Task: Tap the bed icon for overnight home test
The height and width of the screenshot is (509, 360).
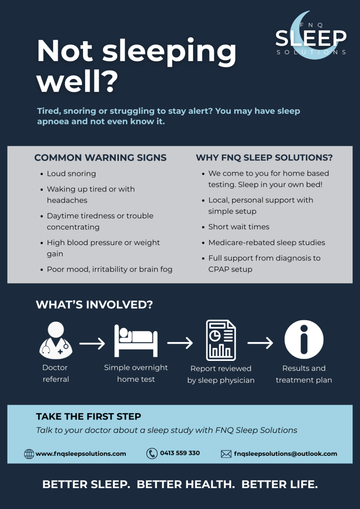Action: pos(136,340)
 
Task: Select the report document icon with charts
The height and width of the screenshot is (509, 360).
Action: pos(221,340)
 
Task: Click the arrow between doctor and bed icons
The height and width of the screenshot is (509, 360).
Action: pos(92,343)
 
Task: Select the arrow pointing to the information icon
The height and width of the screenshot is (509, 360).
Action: pos(260,343)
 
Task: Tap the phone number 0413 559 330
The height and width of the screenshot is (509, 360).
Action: pos(180,453)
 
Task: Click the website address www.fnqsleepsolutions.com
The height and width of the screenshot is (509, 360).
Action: pos(81,454)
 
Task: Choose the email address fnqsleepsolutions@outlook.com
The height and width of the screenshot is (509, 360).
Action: pos(285,454)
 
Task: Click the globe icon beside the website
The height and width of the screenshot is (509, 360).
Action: pos(29,454)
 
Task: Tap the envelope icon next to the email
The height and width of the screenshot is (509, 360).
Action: pos(226,454)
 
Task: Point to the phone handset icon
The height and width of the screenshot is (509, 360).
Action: pos(152,453)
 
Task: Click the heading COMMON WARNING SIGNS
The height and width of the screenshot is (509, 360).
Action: pos(100,158)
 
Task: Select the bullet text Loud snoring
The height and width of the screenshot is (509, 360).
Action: pos(71,173)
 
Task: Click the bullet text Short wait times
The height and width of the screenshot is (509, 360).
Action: pos(239,227)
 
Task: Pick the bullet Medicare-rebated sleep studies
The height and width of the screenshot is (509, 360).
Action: pos(267,243)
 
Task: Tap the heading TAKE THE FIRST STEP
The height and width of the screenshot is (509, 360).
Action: pos(89,417)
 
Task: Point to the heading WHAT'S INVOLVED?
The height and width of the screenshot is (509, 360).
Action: pos(94,305)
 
